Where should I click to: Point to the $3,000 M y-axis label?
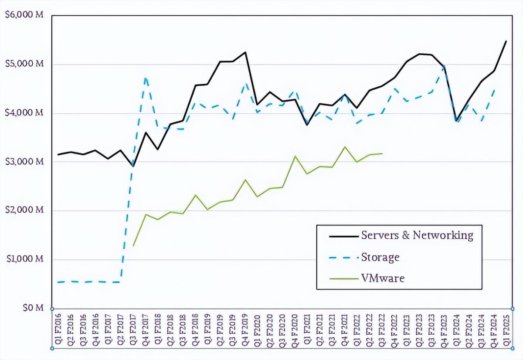(x=24, y=162)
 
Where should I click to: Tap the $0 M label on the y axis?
(x=34, y=308)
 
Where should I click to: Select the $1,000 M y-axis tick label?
(x=24, y=259)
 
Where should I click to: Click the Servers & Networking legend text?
(x=417, y=235)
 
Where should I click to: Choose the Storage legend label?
(x=380, y=257)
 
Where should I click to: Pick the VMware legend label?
(x=383, y=278)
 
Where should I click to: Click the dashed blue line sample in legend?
(x=343, y=257)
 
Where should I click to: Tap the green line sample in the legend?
(x=343, y=278)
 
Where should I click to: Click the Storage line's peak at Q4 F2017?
(x=146, y=78)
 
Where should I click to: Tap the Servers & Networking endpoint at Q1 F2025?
(x=506, y=41)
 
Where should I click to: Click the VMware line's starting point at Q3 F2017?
(x=133, y=246)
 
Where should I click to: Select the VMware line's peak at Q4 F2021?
(x=345, y=147)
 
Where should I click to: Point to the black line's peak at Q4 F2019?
(x=245, y=52)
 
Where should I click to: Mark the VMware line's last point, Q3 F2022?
(x=382, y=153)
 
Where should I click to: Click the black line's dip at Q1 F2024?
(x=456, y=120)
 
